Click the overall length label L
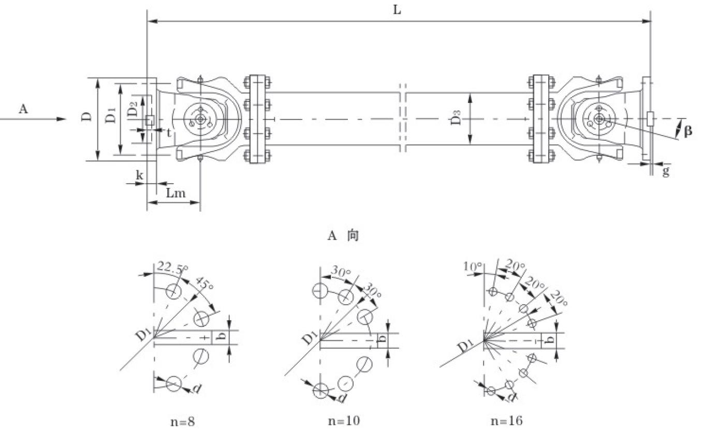point(397,10)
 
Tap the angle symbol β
point(688,131)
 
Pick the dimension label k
point(139,175)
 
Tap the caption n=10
point(344,421)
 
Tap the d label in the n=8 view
point(196,389)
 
